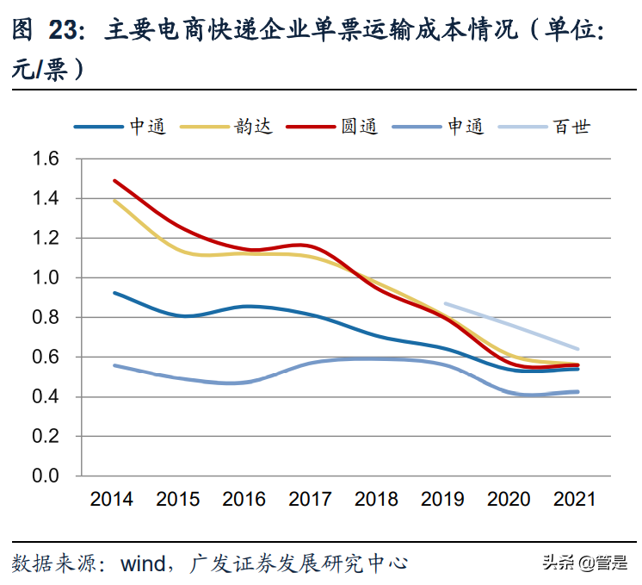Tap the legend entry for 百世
(x=551, y=127)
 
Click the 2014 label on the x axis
(x=112, y=500)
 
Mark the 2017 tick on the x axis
(x=311, y=500)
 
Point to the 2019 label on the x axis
(x=443, y=500)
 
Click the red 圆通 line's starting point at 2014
(x=114, y=181)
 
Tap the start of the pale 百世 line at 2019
(x=444, y=303)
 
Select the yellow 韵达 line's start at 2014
(x=114, y=201)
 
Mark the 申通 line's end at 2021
(x=577, y=392)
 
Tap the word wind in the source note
(x=142, y=564)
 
